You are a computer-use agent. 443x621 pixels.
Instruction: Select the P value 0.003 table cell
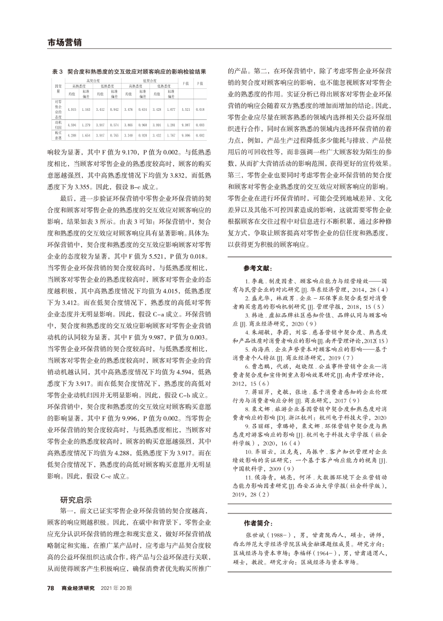tap(200, 125)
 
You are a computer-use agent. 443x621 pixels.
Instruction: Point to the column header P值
tap(200, 84)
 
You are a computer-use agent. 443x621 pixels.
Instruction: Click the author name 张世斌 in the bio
tap(253, 534)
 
